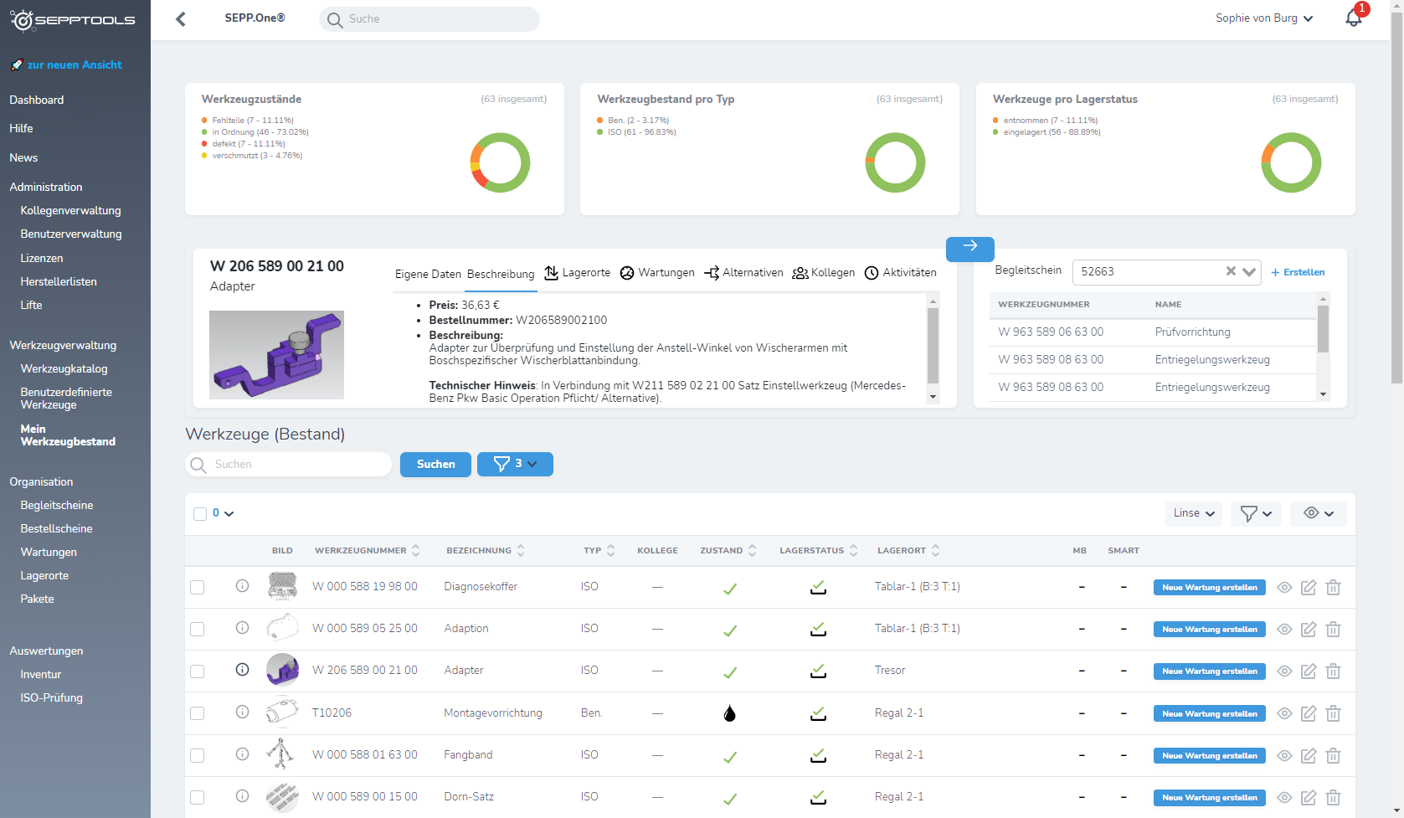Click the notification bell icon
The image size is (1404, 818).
[x=1353, y=18]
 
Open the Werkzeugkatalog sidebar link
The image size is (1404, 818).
[x=64, y=368]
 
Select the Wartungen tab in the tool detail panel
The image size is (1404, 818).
[x=657, y=273]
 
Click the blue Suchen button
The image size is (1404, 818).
[x=435, y=464]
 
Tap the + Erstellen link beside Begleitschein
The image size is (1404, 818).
[x=1298, y=272]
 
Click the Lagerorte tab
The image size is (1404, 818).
[x=578, y=273]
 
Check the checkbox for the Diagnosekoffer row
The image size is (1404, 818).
[x=198, y=587]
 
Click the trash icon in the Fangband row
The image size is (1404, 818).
[x=1333, y=755]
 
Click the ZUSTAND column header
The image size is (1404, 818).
[x=722, y=551]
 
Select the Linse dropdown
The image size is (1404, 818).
[x=1193, y=513]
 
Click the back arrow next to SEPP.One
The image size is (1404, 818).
[x=181, y=18]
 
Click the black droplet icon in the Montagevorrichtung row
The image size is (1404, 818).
[x=730, y=713]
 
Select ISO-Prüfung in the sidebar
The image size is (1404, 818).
[x=51, y=697]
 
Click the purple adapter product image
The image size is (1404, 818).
[x=276, y=354]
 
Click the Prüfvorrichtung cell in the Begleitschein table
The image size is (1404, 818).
[x=1192, y=332]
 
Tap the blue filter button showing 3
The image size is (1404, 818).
[x=514, y=464]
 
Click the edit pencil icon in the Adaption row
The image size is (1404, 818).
[x=1309, y=629]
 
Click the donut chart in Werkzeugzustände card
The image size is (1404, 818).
[x=500, y=162]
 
